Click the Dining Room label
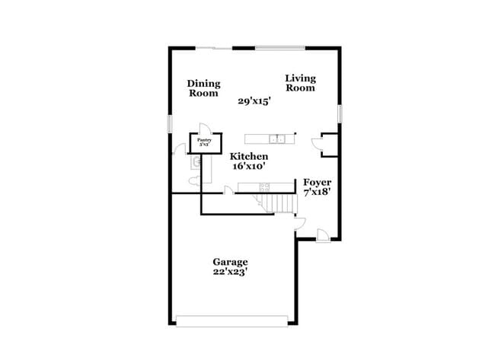[x=204, y=88]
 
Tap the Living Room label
[x=300, y=83]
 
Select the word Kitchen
[x=249, y=156]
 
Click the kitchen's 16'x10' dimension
[x=249, y=166]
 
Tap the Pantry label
[x=204, y=140]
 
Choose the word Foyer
[x=317, y=183]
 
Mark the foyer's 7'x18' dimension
[x=317, y=193]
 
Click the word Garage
[x=229, y=262]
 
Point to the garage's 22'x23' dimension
[x=229, y=272]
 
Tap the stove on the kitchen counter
[x=264, y=186]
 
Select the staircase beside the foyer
[x=279, y=203]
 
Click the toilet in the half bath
[x=194, y=180]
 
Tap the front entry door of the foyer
[x=323, y=236]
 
